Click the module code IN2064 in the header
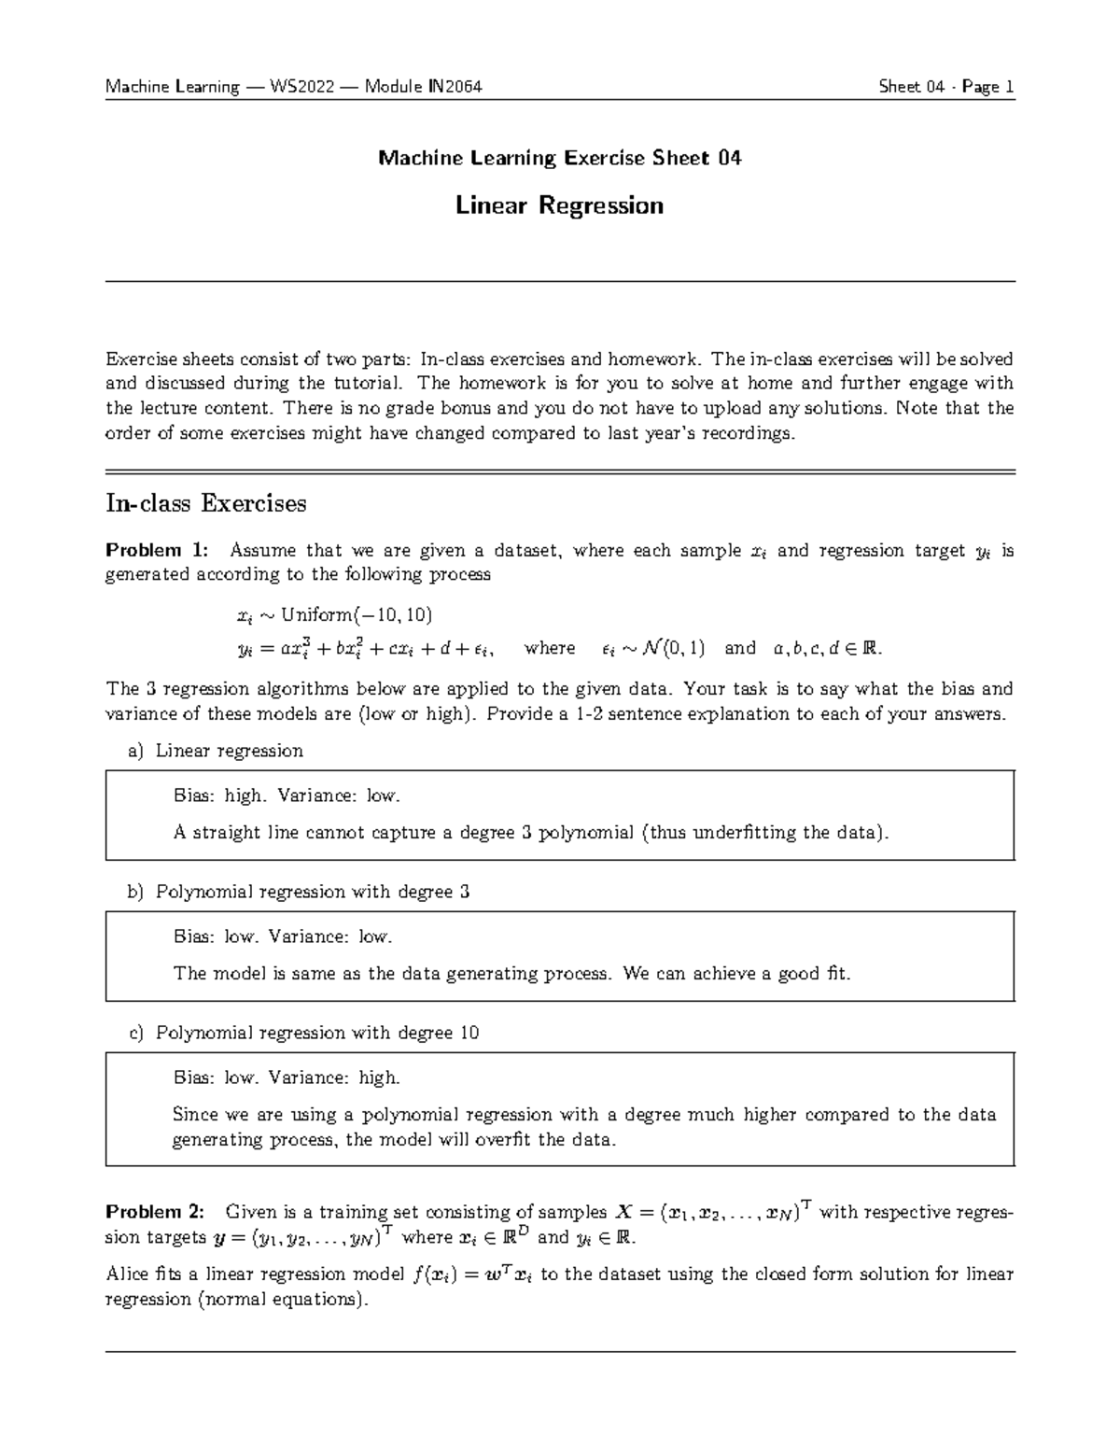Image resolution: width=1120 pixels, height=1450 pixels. click(x=455, y=88)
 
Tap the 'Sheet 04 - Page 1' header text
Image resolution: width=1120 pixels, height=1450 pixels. click(x=945, y=88)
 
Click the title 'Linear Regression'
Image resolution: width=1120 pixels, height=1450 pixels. click(x=559, y=205)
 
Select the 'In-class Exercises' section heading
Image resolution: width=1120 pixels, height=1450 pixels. click(x=205, y=504)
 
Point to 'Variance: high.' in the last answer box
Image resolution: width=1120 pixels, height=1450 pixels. click(x=334, y=1078)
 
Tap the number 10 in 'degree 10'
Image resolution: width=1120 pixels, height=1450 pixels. click(x=469, y=1033)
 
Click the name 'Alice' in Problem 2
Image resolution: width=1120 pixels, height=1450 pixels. click(x=126, y=1274)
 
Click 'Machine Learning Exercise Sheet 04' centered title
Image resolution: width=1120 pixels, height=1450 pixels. click(x=559, y=158)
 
